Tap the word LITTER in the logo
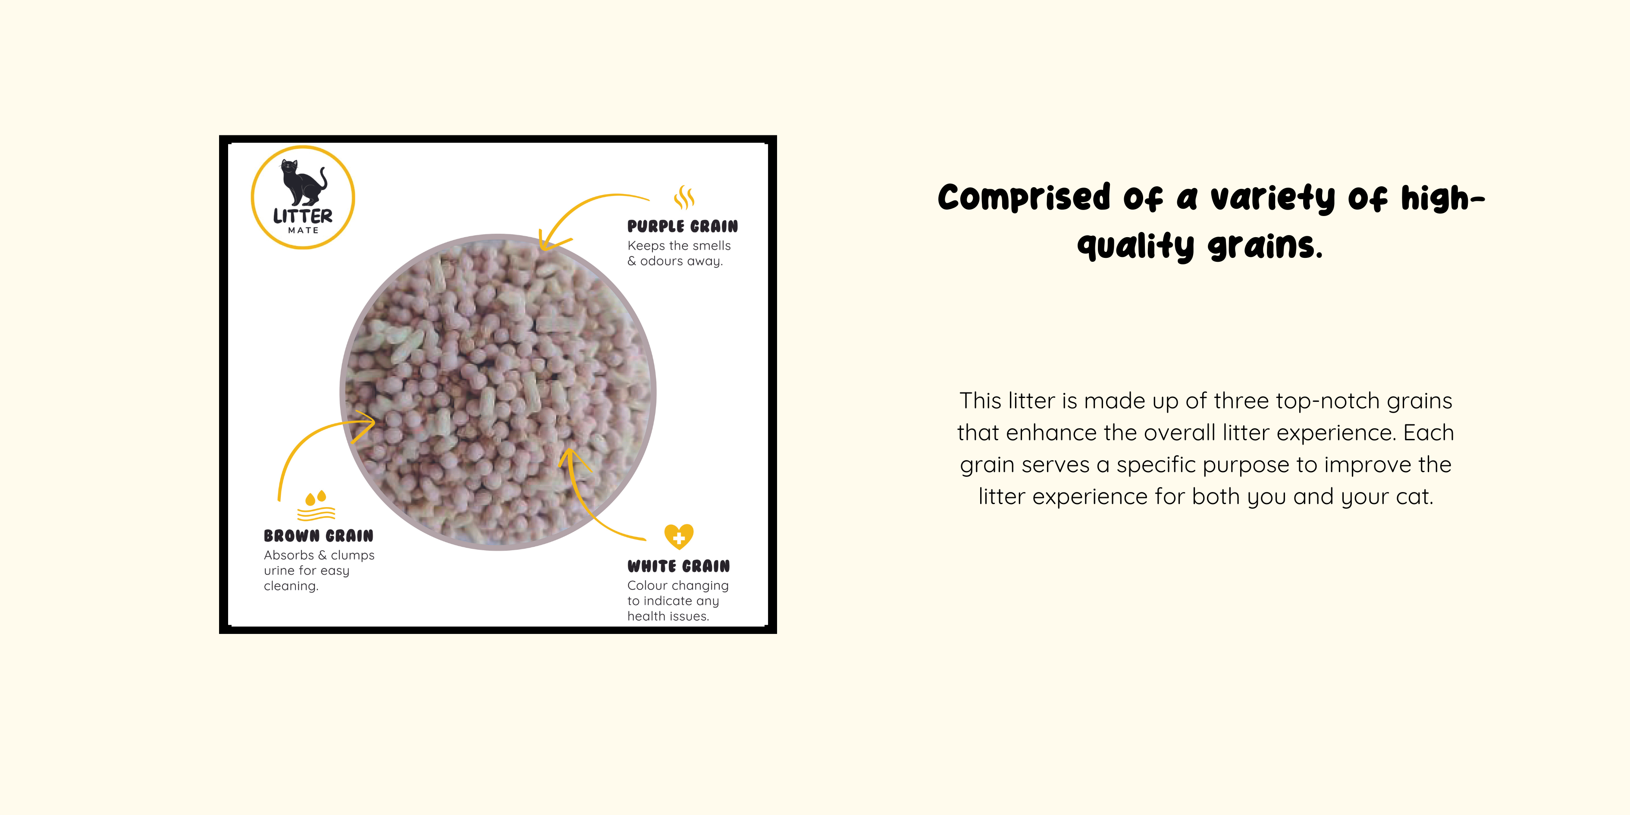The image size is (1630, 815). click(x=302, y=216)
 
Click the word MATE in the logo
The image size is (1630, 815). click(x=303, y=230)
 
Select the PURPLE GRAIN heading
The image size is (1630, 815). click(x=682, y=226)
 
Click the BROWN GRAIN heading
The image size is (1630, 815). click(x=318, y=536)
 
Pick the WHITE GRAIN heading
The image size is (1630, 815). click(x=678, y=566)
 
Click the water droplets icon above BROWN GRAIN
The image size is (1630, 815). click(x=316, y=505)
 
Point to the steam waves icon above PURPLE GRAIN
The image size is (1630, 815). click(x=684, y=197)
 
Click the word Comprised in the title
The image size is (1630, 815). click(x=1024, y=197)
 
